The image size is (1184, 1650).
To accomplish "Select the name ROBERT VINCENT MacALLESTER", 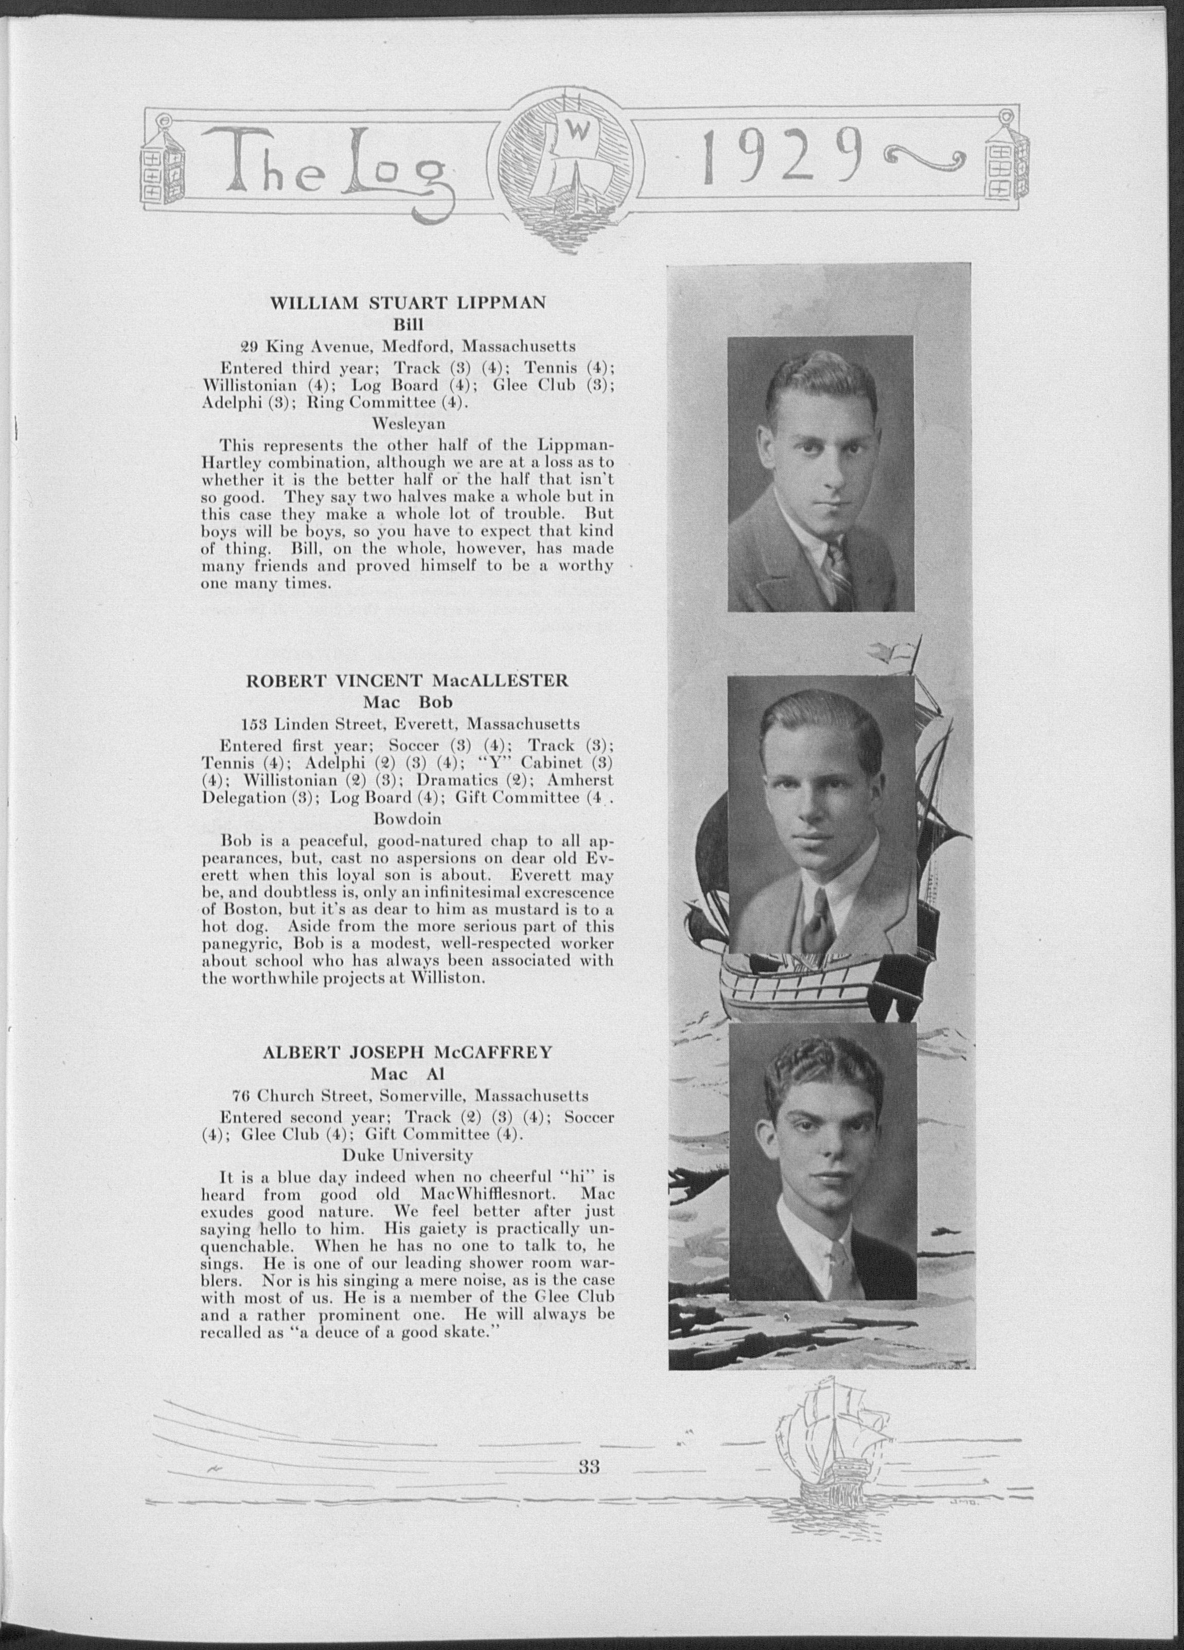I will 408,681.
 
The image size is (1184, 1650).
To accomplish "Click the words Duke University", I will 408,1155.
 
